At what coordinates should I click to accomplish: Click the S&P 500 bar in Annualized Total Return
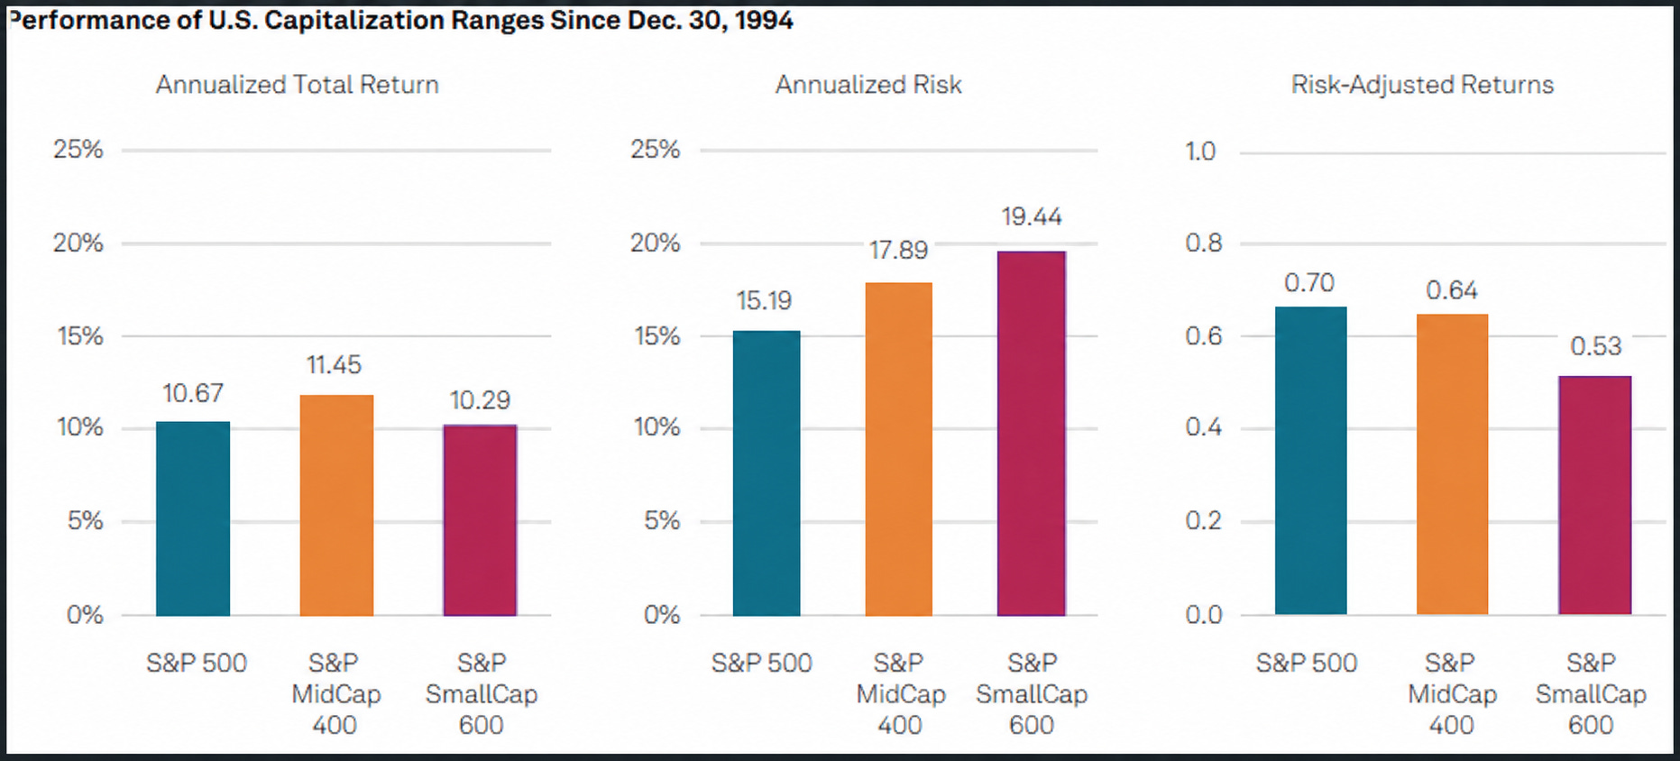(193, 518)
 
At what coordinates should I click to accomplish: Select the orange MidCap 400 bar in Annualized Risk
(898, 449)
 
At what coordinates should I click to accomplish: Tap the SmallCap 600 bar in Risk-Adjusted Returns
(1594, 495)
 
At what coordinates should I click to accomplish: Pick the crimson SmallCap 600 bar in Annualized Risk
(1032, 434)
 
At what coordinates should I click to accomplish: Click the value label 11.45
(334, 365)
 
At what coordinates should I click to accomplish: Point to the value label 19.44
(1032, 216)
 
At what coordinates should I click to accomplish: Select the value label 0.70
(1309, 283)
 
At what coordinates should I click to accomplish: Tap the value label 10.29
(480, 399)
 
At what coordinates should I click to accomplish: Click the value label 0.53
(1596, 346)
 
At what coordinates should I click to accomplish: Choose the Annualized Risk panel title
(868, 85)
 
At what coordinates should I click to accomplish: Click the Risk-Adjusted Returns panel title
(1422, 85)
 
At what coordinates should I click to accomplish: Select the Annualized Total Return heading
(298, 85)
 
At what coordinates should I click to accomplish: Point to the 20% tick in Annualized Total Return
(78, 243)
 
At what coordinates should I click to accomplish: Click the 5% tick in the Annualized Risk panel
(662, 520)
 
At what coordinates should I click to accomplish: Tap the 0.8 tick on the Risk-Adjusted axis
(1204, 243)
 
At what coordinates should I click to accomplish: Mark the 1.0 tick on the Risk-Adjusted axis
(1201, 151)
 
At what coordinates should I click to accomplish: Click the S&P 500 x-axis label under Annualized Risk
(762, 664)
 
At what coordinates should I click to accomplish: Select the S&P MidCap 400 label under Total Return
(335, 693)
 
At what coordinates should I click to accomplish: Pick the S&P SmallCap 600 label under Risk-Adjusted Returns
(1591, 693)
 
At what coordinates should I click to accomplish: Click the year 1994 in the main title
(764, 20)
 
